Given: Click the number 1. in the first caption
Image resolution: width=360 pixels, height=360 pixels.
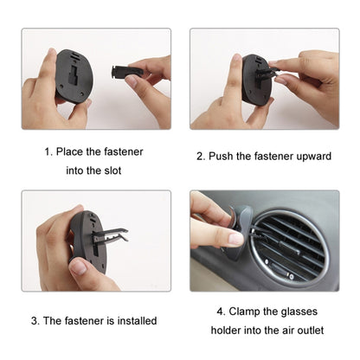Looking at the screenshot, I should click(48, 151).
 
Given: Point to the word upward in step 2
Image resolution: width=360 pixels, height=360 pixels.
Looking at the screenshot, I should click(313, 157).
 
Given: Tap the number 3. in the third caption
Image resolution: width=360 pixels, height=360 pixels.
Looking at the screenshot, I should click(35, 320).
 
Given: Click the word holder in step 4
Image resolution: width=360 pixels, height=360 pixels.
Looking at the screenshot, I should click(228, 331).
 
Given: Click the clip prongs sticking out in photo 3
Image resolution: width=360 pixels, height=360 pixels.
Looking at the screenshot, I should click(112, 235).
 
